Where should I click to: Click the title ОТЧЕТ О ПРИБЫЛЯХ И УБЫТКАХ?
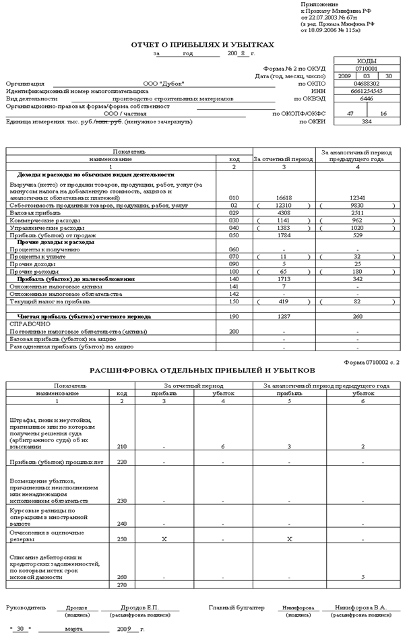[203, 44]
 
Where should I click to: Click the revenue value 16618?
[283, 197]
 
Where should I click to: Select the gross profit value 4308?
[283, 212]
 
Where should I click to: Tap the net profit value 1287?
[283, 315]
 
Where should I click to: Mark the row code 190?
[234, 315]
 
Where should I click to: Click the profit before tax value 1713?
[283, 278]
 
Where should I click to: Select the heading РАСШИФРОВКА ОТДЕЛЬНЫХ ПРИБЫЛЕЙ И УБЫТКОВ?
[202, 371]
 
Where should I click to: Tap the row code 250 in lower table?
[121, 539]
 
